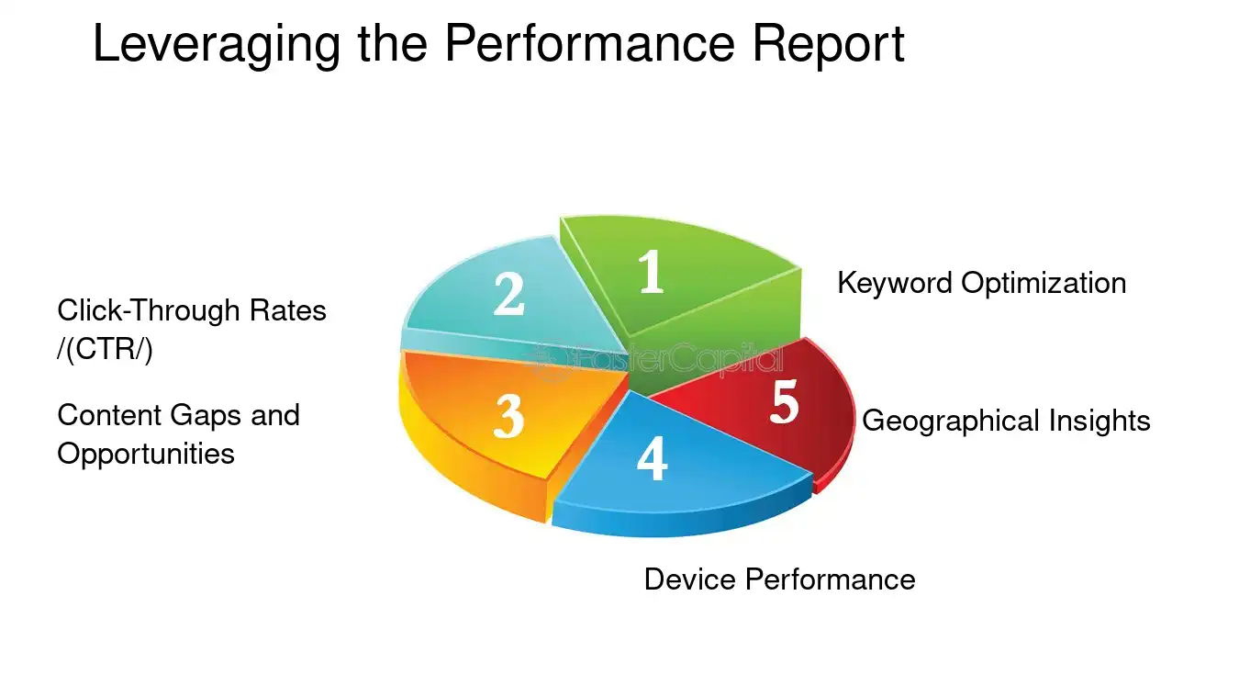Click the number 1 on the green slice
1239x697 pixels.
[651, 272]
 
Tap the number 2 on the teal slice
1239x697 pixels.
[508, 294]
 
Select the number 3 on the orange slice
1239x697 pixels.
[508, 416]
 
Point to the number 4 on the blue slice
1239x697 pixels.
[652, 459]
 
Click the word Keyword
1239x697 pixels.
[895, 283]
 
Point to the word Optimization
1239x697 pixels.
[1044, 283]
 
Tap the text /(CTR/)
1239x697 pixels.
[105, 351]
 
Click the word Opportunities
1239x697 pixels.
[146, 454]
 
